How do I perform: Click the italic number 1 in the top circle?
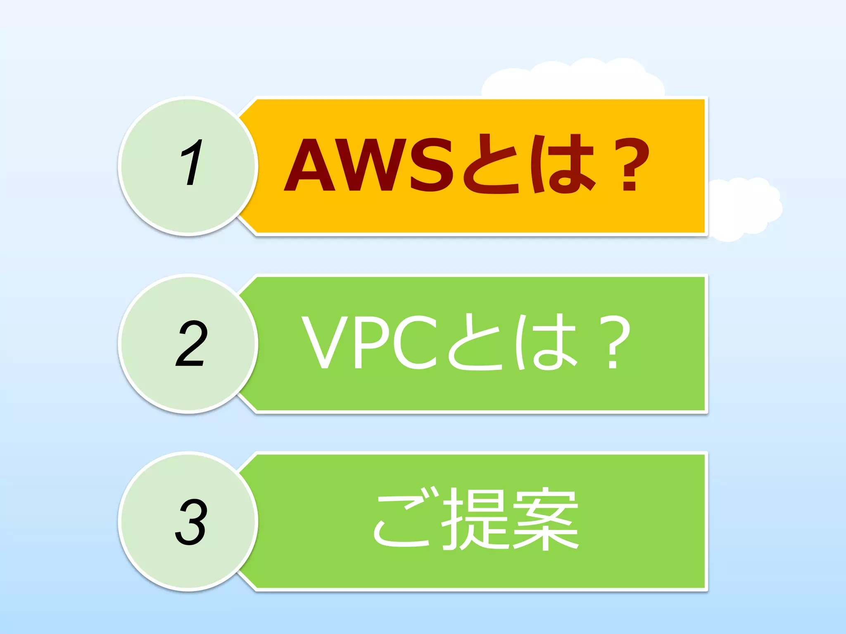pos(191,163)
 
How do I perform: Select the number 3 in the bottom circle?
pos(190,522)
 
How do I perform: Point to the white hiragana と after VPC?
pos(475,343)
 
